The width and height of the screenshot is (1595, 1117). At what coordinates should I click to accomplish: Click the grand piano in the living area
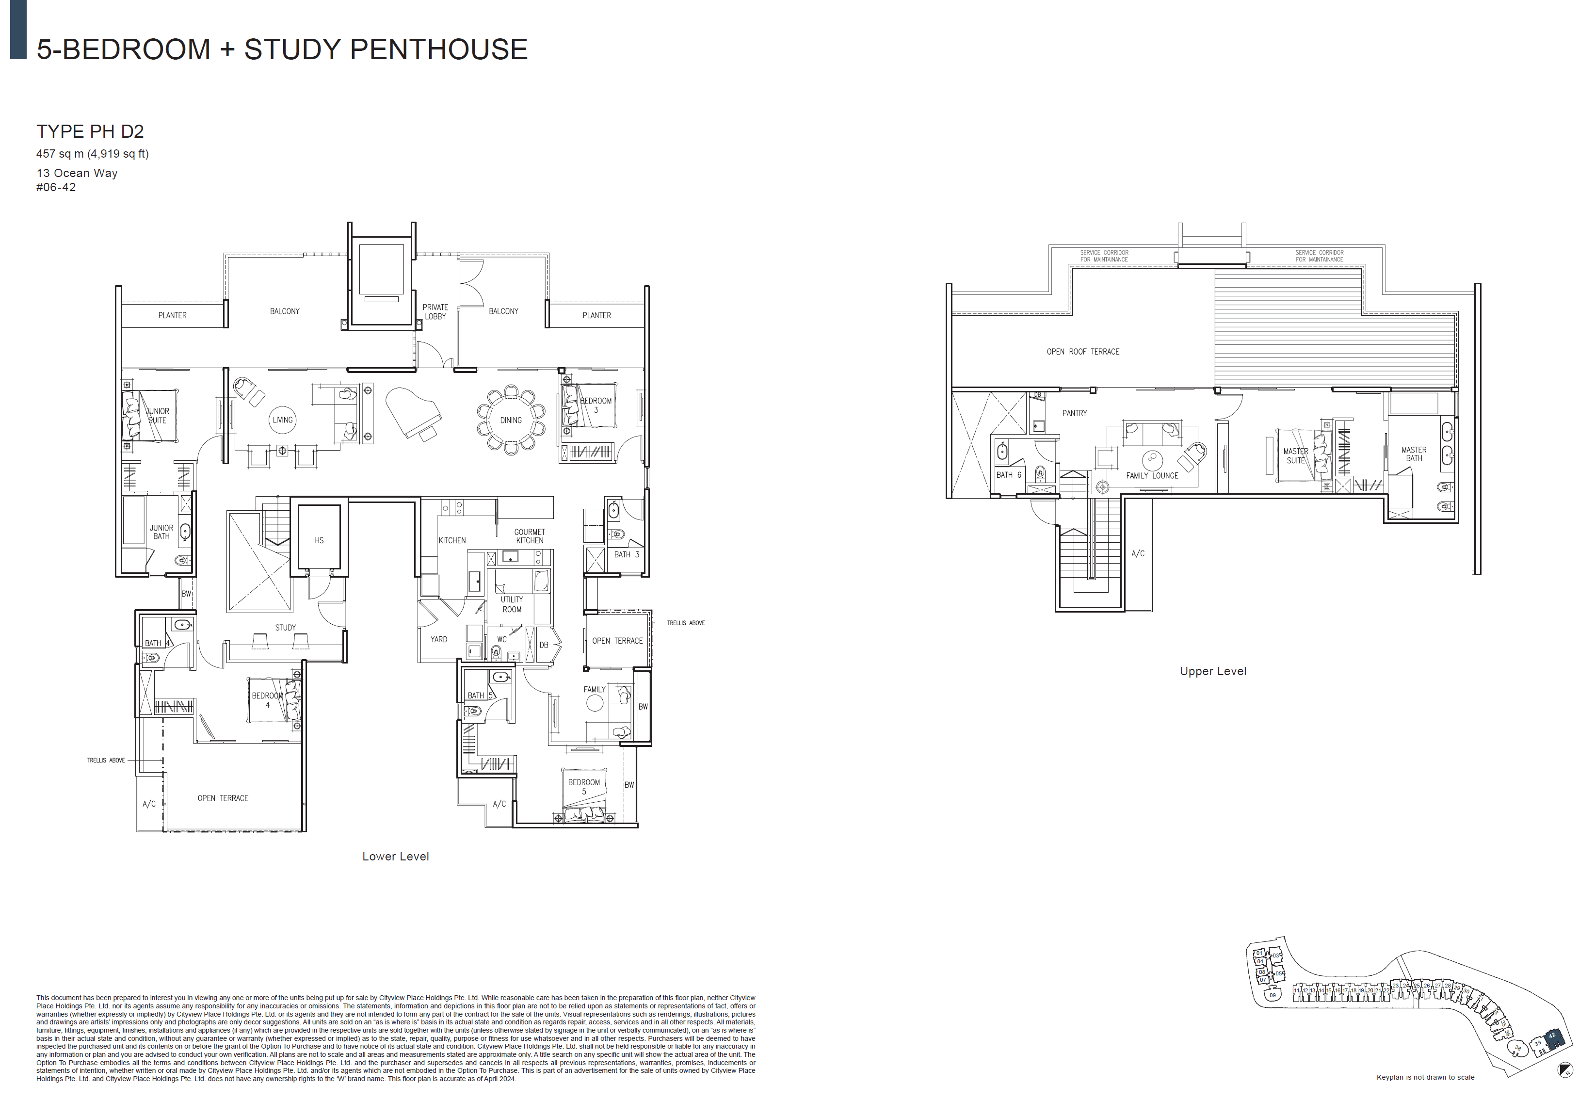pos(413,411)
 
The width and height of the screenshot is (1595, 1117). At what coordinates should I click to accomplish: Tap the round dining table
pos(511,420)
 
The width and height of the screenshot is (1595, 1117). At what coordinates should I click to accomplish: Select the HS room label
pos(319,540)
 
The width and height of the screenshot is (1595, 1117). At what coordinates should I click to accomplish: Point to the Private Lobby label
pos(435,311)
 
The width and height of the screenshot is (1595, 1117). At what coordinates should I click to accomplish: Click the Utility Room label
pos(512,604)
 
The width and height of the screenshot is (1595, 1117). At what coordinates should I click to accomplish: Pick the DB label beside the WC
pos(544,645)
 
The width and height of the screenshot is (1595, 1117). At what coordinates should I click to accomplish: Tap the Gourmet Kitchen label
pos(530,536)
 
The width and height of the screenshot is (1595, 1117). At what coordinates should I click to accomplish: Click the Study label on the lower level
pos(286,627)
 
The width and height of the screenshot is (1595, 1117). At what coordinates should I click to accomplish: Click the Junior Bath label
pos(161,532)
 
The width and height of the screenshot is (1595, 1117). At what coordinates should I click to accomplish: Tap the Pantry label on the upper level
pos(1074,413)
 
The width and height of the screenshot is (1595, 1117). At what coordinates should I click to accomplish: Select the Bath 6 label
pos(1008,475)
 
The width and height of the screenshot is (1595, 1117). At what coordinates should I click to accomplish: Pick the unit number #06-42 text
pos(56,188)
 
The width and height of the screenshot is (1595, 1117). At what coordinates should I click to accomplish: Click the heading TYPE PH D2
pos(90,131)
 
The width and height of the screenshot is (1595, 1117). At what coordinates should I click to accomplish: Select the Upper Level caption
pos(1213,671)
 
